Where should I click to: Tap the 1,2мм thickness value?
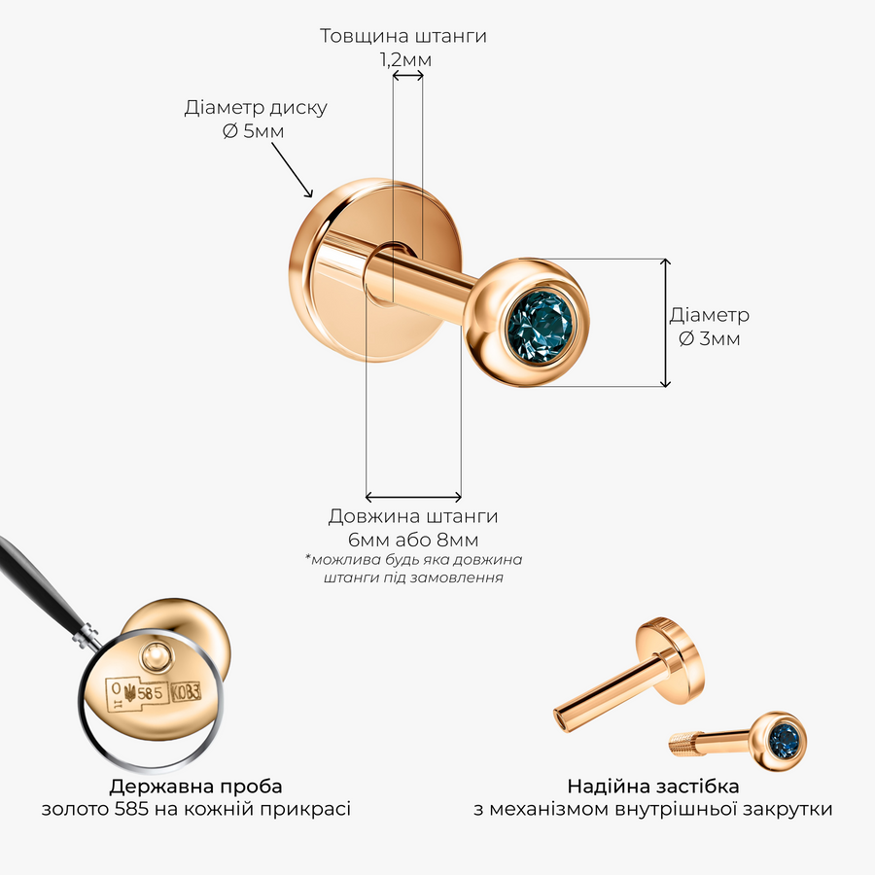[x=405, y=59]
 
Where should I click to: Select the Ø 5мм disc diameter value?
[x=254, y=131]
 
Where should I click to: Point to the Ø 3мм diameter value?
[x=710, y=338]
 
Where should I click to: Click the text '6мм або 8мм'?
[x=413, y=540]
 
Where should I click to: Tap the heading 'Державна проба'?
[x=195, y=787]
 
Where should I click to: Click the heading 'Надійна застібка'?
[x=653, y=787]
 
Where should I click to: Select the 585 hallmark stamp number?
[x=150, y=692]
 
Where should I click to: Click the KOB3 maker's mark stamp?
[x=186, y=692]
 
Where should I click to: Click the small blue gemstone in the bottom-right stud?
[x=786, y=738]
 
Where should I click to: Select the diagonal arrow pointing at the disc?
[x=292, y=169]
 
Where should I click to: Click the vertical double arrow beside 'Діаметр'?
[x=665, y=323]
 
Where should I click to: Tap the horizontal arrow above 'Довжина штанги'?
[x=413, y=496]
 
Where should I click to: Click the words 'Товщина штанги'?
[x=402, y=36]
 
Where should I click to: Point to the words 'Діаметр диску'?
[x=256, y=107]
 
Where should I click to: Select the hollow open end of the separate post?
[x=560, y=717]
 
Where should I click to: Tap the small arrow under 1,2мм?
[x=407, y=76]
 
